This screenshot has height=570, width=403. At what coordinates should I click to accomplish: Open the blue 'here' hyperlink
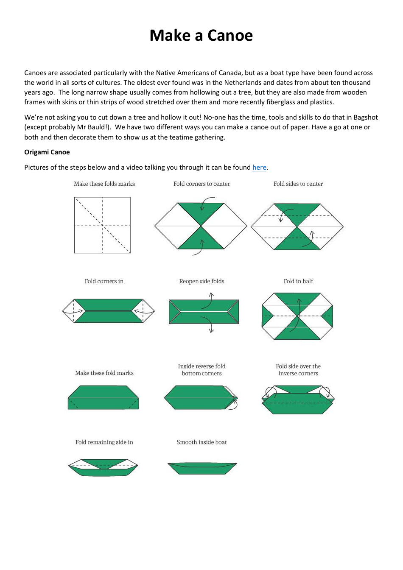point(259,168)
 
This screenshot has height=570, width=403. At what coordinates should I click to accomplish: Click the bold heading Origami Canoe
point(47,152)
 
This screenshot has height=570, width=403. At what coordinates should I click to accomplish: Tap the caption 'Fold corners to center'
point(201,184)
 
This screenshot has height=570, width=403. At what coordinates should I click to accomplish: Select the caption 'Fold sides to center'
point(298,184)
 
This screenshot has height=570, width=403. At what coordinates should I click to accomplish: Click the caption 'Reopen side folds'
point(201,281)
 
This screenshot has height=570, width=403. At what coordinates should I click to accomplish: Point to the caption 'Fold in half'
point(298,281)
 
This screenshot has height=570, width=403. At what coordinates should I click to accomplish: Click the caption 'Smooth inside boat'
point(201,442)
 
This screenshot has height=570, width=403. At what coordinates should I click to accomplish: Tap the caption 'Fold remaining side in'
point(104,442)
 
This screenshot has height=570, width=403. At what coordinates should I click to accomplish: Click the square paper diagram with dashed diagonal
point(102,225)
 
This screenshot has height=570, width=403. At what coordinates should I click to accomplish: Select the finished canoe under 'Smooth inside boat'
point(202,468)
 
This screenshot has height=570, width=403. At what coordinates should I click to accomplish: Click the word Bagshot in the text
point(365,117)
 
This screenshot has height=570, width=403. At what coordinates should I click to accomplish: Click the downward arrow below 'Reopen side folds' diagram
point(211,329)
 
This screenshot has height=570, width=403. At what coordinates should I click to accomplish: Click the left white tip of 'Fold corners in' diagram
point(68,311)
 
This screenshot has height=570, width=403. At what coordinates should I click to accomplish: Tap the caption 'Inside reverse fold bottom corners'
point(201,370)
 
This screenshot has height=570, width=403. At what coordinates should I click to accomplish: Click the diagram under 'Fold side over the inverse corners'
point(298,400)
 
